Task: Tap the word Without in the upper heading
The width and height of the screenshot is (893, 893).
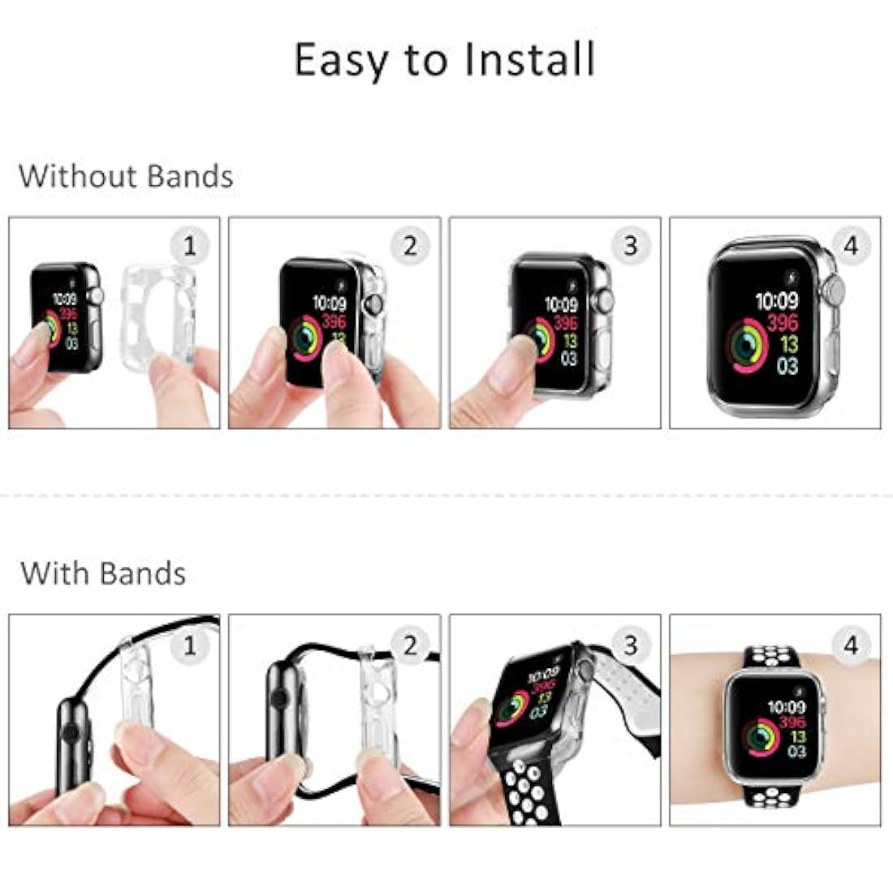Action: pos(78,176)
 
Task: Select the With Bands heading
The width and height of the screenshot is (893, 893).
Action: pos(103,573)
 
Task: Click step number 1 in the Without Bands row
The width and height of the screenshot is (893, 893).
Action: pos(189,245)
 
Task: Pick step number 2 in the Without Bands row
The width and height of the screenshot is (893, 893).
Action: pos(410,245)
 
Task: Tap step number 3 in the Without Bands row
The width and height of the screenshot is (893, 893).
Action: pos(631,245)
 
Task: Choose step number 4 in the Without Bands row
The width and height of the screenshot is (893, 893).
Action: pos(851,245)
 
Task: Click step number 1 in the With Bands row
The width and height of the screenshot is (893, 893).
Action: pos(189,645)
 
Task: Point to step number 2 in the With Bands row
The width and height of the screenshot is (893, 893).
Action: pos(410,645)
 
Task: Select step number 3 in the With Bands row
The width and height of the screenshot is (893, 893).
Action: pos(631,645)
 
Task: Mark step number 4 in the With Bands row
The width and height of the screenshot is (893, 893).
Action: pos(851,645)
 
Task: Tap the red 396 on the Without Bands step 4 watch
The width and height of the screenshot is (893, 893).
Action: pos(783,322)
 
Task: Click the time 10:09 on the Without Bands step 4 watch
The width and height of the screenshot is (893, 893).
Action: pos(777,301)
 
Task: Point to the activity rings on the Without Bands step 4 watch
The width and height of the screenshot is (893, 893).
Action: pos(746,346)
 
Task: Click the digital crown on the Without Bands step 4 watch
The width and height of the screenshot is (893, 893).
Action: pos(835,291)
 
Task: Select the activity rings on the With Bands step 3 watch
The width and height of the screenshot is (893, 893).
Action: pos(514,706)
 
